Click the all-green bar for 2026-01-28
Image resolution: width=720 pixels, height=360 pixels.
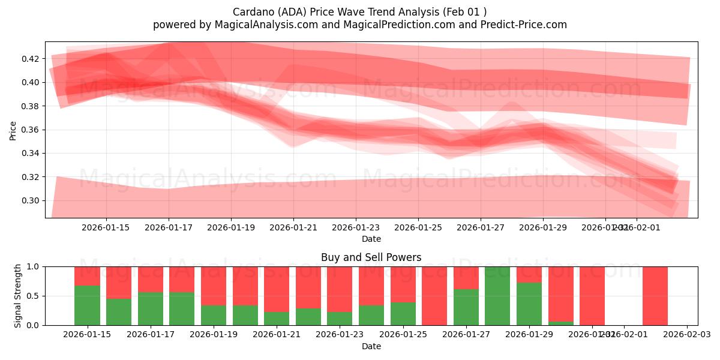tap(497, 296)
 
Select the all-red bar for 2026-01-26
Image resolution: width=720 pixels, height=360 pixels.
tap(434, 296)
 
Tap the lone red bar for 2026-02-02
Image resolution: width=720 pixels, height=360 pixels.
tap(655, 296)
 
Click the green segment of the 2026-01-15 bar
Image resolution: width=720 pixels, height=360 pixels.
tap(88, 305)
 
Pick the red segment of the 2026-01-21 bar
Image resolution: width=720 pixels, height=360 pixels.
tap(277, 289)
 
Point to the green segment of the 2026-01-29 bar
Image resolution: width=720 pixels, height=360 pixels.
tap(529, 304)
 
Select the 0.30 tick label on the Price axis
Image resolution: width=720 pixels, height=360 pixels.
tap(31, 201)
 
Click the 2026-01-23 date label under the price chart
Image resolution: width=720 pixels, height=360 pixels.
tap(356, 227)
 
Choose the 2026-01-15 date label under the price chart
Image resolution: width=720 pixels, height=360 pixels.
tap(106, 227)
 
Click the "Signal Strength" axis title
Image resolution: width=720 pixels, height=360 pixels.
tap(18, 296)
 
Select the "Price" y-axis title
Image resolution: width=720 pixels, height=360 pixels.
tap(13, 130)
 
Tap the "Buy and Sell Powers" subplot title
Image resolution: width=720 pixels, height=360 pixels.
tap(371, 257)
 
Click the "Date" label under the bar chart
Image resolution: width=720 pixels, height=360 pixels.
tap(371, 346)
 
